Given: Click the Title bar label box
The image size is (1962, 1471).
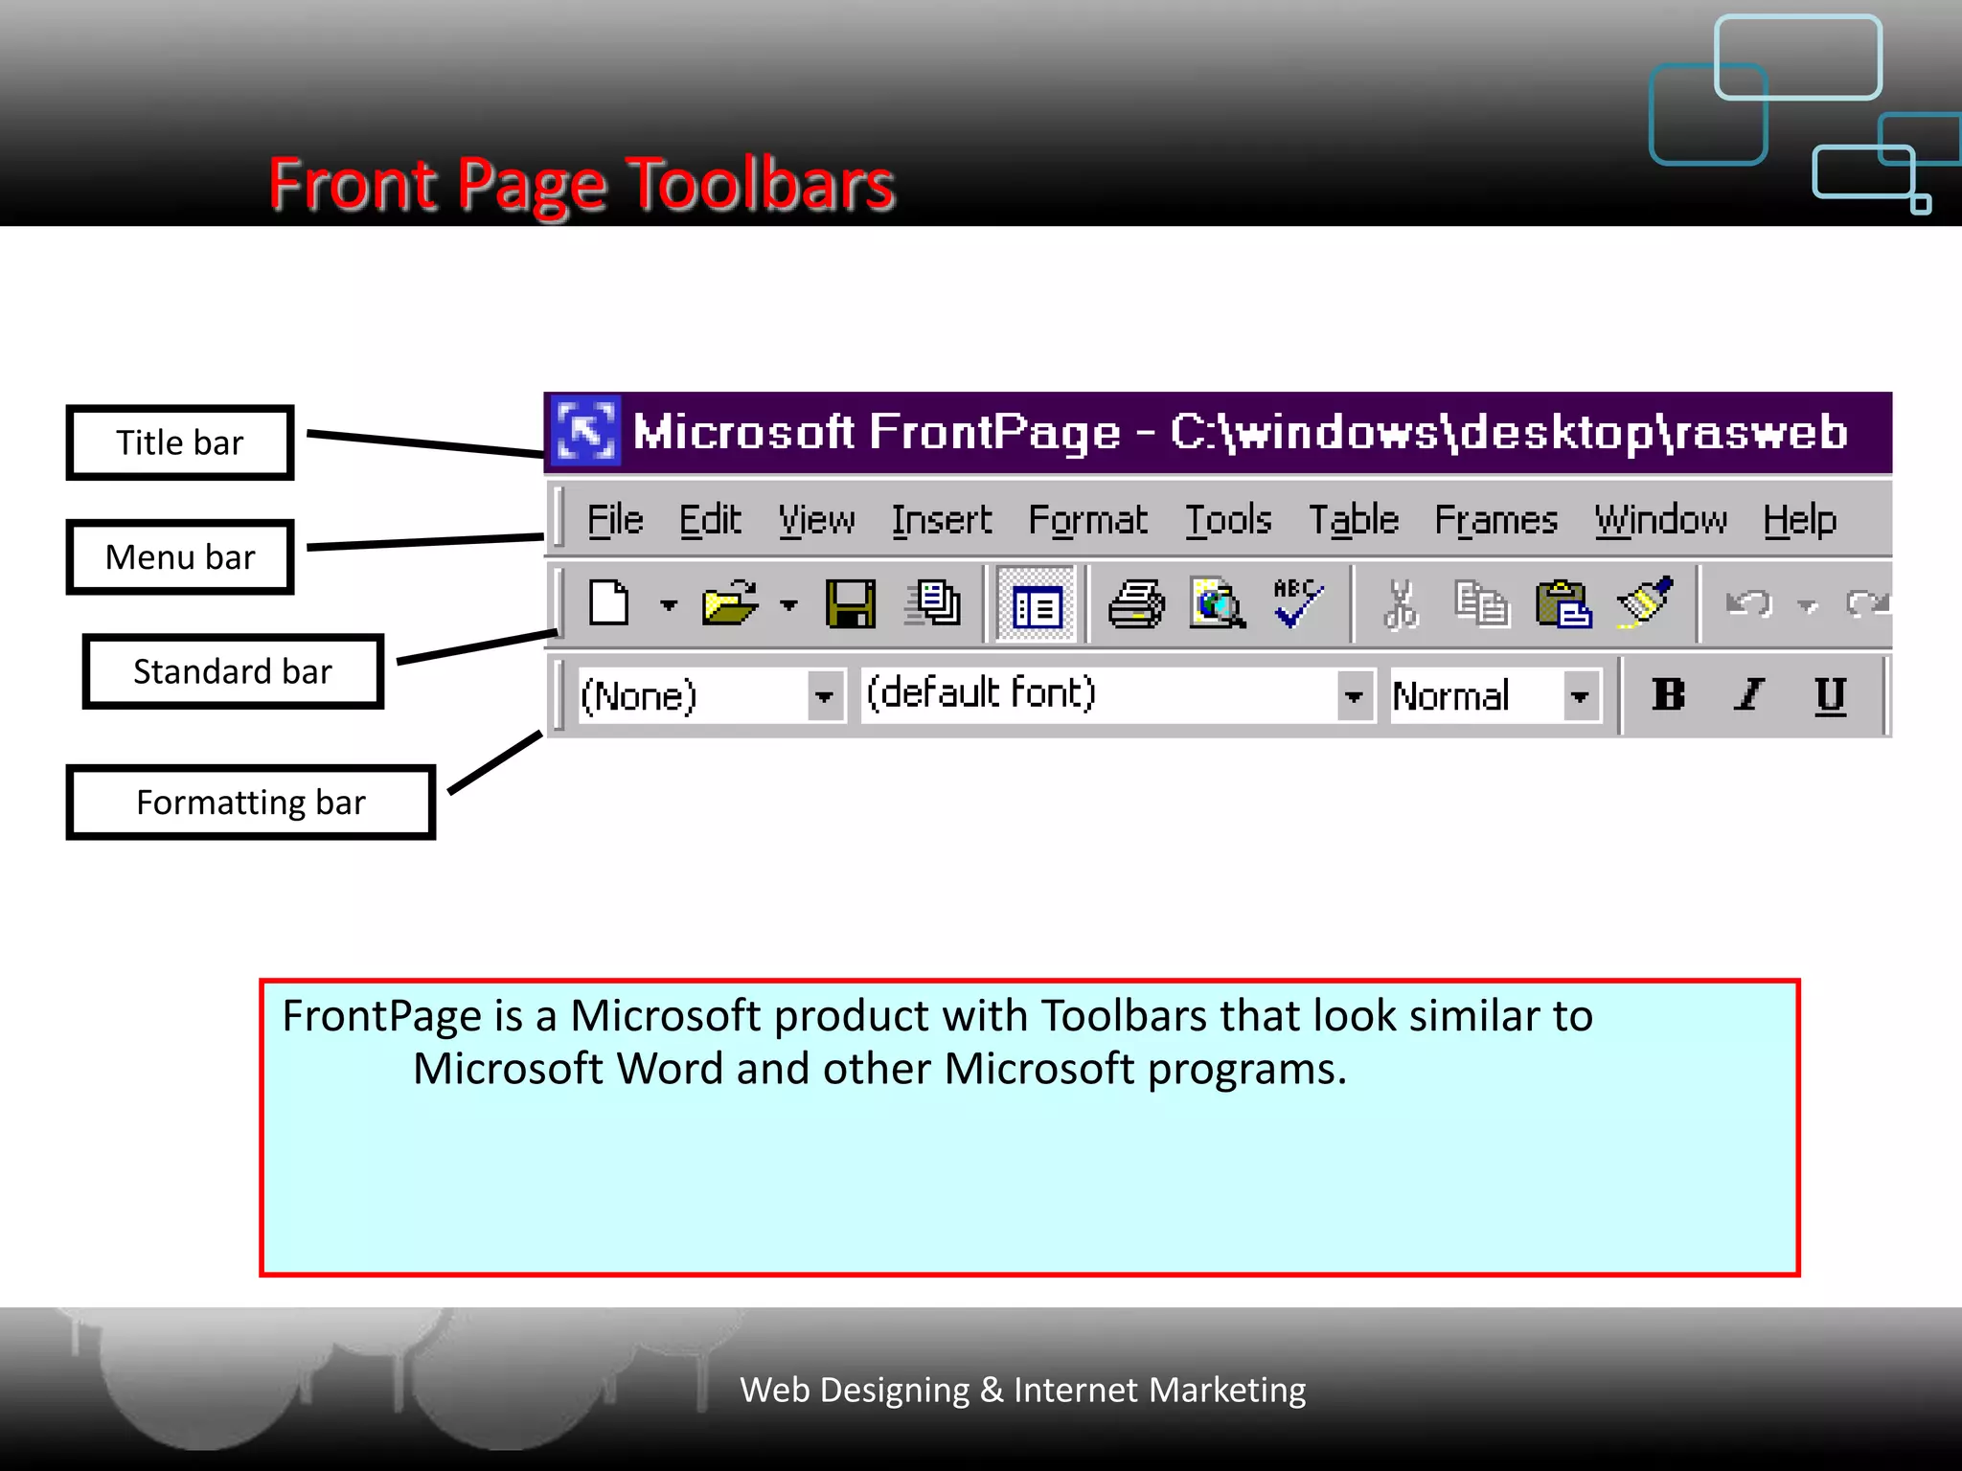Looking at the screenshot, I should (x=179, y=442).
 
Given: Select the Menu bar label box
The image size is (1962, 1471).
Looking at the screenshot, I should (x=179, y=557).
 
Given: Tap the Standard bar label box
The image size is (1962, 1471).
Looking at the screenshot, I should (x=233, y=671).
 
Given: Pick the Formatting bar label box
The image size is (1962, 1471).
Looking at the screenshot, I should (x=250, y=803).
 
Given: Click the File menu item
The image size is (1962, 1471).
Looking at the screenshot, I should (x=614, y=520).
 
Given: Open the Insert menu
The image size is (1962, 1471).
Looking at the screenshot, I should (x=941, y=520).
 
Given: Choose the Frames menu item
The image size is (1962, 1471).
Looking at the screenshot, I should (x=1494, y=520).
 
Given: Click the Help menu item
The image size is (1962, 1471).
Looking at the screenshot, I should (x=1799, y=520).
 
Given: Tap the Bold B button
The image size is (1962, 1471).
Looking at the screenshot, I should (x=1668, y=694).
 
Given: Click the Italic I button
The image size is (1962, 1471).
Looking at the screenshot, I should (x=1749, y=694).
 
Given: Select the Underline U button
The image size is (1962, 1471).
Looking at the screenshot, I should (x=1830, y=694).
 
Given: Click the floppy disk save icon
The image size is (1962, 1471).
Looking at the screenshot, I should (x=850, y=604).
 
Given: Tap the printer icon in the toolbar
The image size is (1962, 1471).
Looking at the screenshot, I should (x=1136, y=604).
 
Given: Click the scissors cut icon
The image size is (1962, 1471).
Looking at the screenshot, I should (x=1401, y=604).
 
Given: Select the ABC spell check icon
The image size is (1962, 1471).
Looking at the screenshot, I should (x=1297, y=602).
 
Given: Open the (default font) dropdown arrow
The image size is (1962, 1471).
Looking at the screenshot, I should (x=1353, y=696).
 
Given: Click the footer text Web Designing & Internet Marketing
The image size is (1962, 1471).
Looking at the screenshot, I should (x=1022, y=1390).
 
